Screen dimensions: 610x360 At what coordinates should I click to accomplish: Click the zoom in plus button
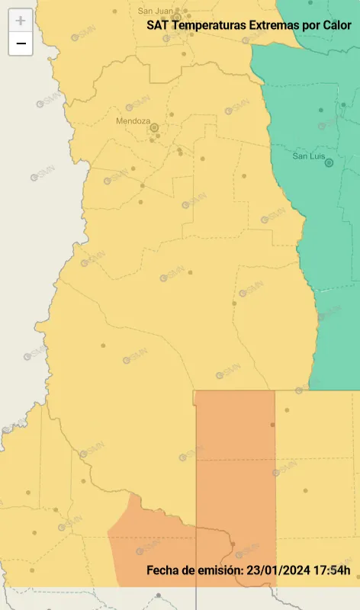pyautogui.click(x=21, y=21)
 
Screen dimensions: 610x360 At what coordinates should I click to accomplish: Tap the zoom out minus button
pyautogui.click(x=21, y=43)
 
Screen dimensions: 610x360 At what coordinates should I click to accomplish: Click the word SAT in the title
pyautogui.click(x=158, y=25)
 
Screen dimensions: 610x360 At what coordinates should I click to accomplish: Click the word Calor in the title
pyautogui.click(x=337, y=25)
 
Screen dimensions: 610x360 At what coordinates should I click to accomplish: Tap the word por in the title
pyautogui.click(x=311, y=25)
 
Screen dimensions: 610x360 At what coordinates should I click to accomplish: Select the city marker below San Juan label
pyautogui.click(x=176, y=17)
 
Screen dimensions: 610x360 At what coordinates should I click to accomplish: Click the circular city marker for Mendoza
pyautogui.click(x=154, y=127)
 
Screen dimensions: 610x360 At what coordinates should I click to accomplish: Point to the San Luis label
pyautogui.click(x=310, y=156)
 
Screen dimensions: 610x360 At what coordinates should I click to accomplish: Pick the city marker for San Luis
pyautogui.click(x=329, y=162)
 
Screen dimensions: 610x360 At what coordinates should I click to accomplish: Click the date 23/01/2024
pyautogui.click(x=275, y=570)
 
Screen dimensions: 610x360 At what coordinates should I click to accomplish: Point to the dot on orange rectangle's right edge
pyautogui.click(x=272, y=425)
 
